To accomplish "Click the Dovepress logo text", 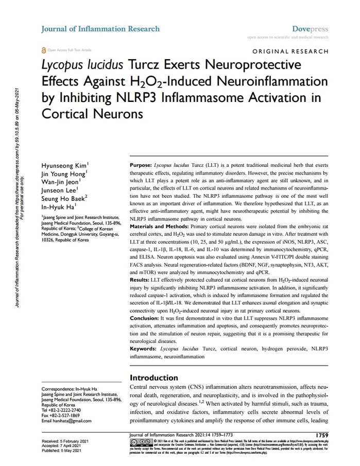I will click(x=310, y=29).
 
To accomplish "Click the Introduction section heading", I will click(x=154, y=378).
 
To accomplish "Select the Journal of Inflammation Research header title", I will click(x=100, y=29).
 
